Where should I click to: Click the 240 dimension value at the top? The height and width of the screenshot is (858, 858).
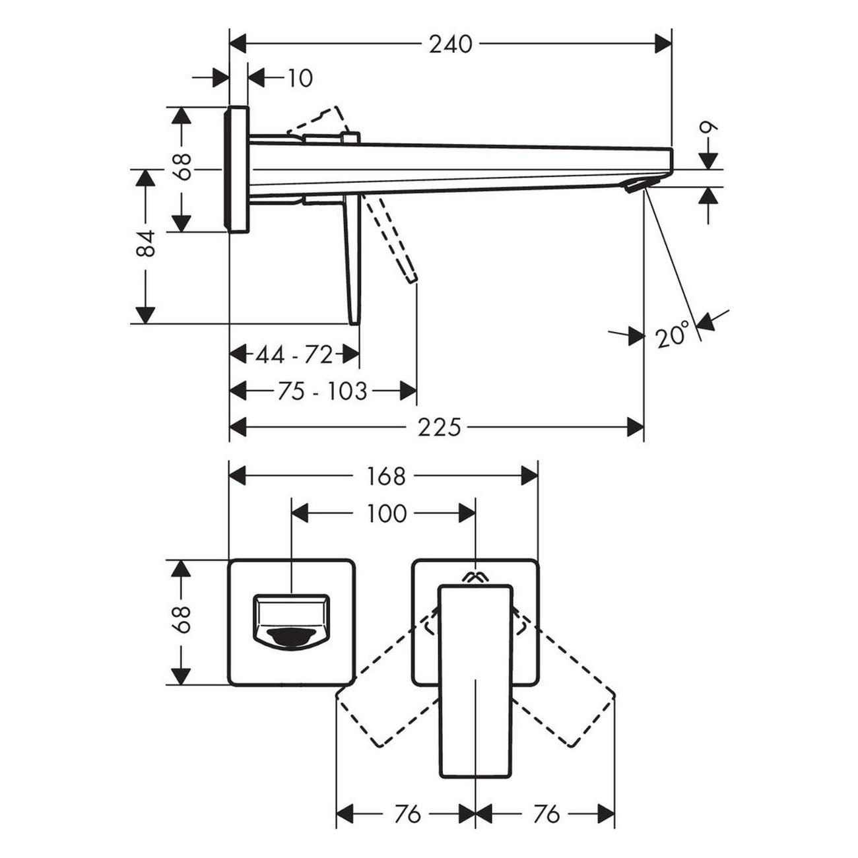point(451,44)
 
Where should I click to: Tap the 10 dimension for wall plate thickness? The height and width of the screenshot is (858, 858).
point(300,78)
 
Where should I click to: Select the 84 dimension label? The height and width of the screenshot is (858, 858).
point(146,244)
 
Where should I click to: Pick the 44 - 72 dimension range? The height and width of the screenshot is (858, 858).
point(294,355)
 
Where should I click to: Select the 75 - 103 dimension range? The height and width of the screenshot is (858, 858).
point(321,391)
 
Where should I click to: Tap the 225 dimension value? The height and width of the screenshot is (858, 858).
point(439,428)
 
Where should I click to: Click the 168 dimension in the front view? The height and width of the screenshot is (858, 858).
point(386,476)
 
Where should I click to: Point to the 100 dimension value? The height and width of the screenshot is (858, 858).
point(387,513)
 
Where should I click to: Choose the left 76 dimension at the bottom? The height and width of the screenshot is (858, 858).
point(407,814)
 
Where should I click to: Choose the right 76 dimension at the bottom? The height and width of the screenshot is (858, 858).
point(546,814)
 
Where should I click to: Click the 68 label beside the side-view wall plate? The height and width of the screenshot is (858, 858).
point(183,166)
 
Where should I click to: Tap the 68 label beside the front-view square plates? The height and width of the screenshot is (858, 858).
point(183,620)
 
